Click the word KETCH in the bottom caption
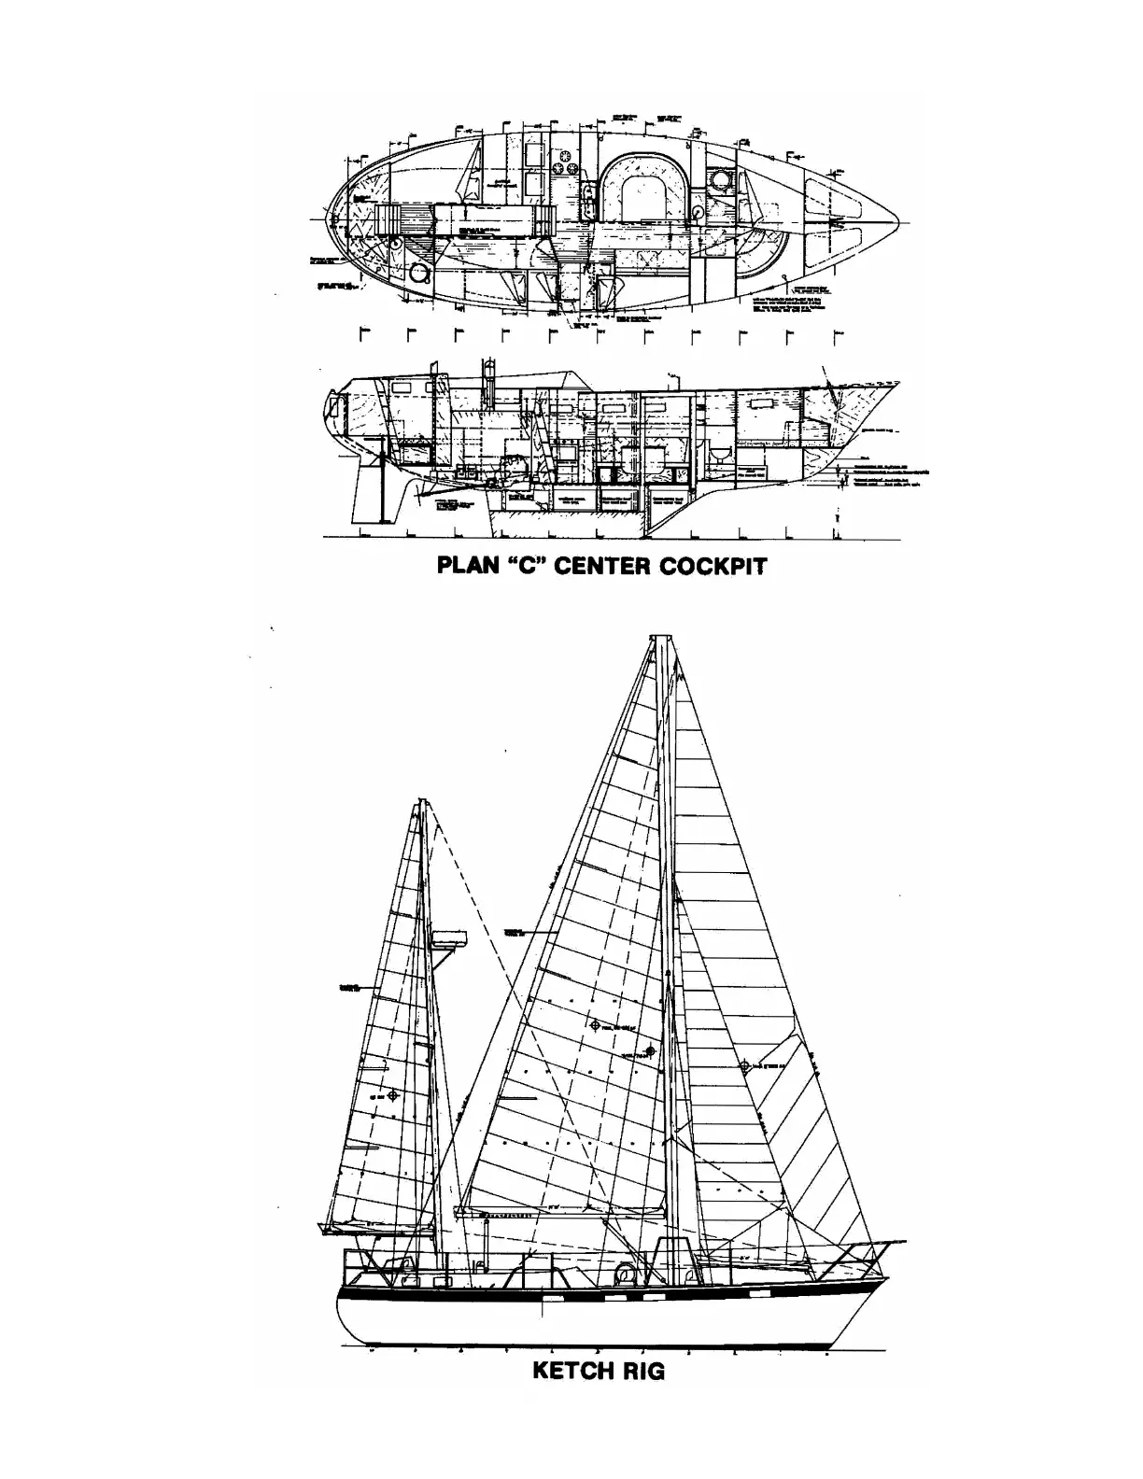[572, 1371]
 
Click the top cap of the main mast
[661, 641]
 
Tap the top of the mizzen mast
[423, 803]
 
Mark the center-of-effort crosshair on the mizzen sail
[393, 1094]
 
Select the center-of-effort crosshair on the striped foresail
[744, 1065]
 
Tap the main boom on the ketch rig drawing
[560, 1215]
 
